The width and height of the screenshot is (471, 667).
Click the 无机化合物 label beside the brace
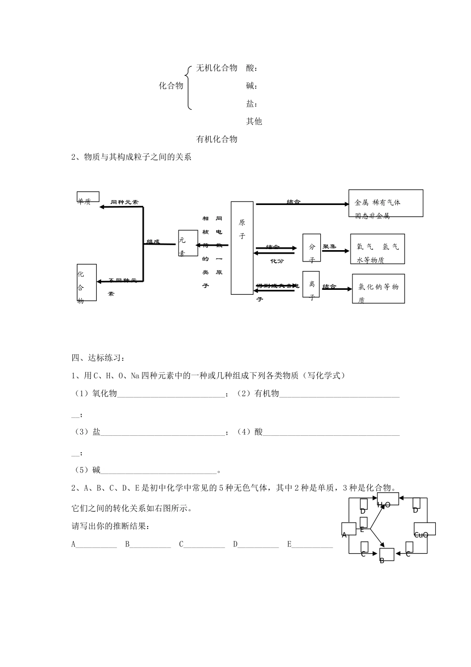[x=217, y=68]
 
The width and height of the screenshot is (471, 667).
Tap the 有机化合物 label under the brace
[x=217, y=139]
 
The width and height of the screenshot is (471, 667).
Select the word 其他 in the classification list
[x=254, y=121]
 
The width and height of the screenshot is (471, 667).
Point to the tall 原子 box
[x=242, y=248]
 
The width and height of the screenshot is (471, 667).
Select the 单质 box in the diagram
[x=88, y=197]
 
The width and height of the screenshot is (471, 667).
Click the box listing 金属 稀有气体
[x=385, y=203]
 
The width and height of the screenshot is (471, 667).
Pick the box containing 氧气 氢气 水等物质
[x=377, y=249]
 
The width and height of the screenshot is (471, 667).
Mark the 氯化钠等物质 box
[x=378, y=288]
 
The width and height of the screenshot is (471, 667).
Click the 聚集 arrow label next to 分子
[x=329, y=246]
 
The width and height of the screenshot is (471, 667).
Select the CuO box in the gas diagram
[x=424, y=529]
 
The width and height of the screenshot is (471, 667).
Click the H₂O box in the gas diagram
[x=388, y=499]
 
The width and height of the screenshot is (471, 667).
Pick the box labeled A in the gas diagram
[x=349, y=529]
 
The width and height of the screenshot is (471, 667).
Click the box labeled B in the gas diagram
[x=386, y=554]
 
